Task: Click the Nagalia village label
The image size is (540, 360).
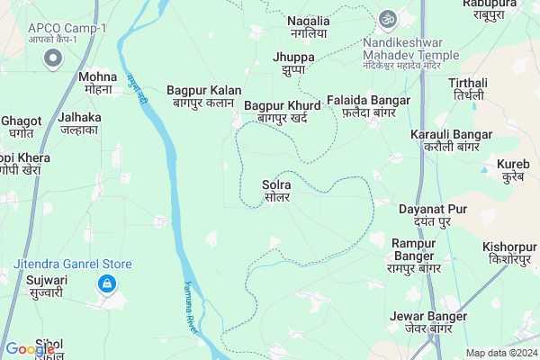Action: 308,27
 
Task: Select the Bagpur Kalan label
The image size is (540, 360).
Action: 203,96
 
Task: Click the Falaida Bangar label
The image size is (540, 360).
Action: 369,106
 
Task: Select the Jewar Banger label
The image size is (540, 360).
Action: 428,322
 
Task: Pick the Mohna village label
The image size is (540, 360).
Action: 96,84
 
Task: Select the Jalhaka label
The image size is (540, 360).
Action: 79,123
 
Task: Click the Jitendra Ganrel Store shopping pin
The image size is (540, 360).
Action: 107,285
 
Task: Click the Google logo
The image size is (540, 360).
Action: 30,349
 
